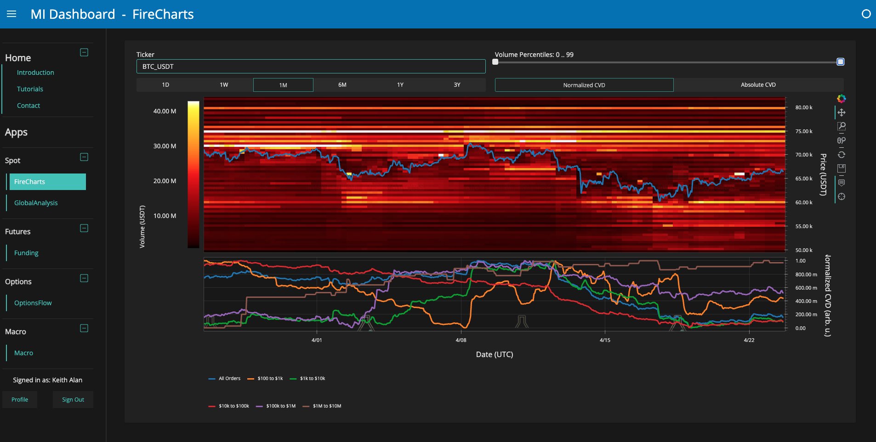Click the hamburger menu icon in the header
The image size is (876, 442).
pyautogui.click(x=11, y=14)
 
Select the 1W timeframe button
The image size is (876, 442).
pyautogui.click(x=224, y=85)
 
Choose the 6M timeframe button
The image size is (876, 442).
pyautogui.click(x=342, y=85)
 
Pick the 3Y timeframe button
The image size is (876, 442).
pyautogui.click(x=457, y=85)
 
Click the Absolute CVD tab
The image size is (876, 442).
pyautogui.click(x=758, y=85)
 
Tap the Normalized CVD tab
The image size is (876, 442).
pyautogui.click(x=584, y=85)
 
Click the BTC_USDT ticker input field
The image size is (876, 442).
pyautogui.click(x=311, y=67)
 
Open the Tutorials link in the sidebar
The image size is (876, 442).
pyautogui.click(x=30, y=89)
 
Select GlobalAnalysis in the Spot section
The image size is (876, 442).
pyautogui.click(x=36, y=203)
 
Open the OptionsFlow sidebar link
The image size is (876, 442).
pyautogui.click(x=33, y=303)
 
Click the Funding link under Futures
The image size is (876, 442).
pyautogui.click(x=26, y=253)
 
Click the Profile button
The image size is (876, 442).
pyautogui.click(x=20, y=400)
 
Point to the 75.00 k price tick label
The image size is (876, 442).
pyautogui.click(x=804, y=131)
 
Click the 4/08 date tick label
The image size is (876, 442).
pyautogui.click(x=461, y=340)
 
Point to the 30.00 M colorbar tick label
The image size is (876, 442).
pyautogui.click(x=165, y=146)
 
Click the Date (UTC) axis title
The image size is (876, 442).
pyautogui.click(x=494, y=354)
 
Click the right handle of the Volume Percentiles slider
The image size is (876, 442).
pyautogui.click(x=840, y=62)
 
